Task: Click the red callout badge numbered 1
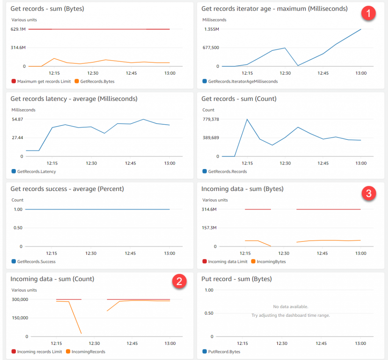pyautogui.click(x=368, y=14)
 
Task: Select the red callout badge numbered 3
pyautogui.click(x=368, y=193)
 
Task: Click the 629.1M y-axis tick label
pyautogui.click(x=18, y=29)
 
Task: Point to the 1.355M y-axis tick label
pyautogui.click(x=212, y=29)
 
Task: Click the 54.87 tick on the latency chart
pyautogui.click(x=17, y=119)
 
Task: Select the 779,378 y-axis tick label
pyautogui.click(x=211, y=119)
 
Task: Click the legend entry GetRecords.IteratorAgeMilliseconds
pyautogui.click(x=242, y=81)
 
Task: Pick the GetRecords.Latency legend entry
pyautogui.click(x=36, y=172)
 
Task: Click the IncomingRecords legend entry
pyautogui.click(x=88, y=352)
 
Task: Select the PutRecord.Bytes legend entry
pyautogui.click(x=224, y=352)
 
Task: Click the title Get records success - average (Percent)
pyautogui.click(x=67, y=189)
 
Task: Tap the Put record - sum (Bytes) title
pyautogui.click(x=237, y=279)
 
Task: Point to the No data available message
pyautogui.click(x=291, y=307)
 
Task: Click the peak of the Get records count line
pyautogui.click(x=247, y=119)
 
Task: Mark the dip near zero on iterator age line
pyautogui.click(x=298, y=66)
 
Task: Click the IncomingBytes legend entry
pyautogui.click(x=271, y=261)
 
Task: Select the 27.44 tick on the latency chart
pyautogui.click(x=17, y=138)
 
